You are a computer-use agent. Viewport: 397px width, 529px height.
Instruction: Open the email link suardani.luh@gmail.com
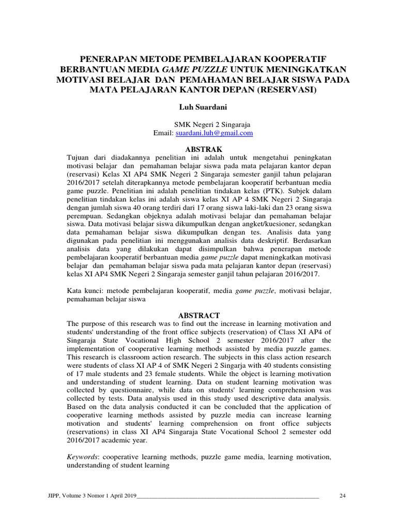214,133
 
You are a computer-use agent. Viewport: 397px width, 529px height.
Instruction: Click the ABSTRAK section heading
199,148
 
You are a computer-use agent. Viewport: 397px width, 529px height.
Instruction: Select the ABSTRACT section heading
199,315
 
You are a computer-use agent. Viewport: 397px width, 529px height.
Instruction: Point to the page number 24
342,496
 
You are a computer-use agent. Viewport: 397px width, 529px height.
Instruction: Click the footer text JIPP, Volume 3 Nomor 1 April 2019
90,496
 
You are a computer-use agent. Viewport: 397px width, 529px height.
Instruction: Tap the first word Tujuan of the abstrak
80,157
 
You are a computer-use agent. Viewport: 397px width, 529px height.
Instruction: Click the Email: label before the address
164,133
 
